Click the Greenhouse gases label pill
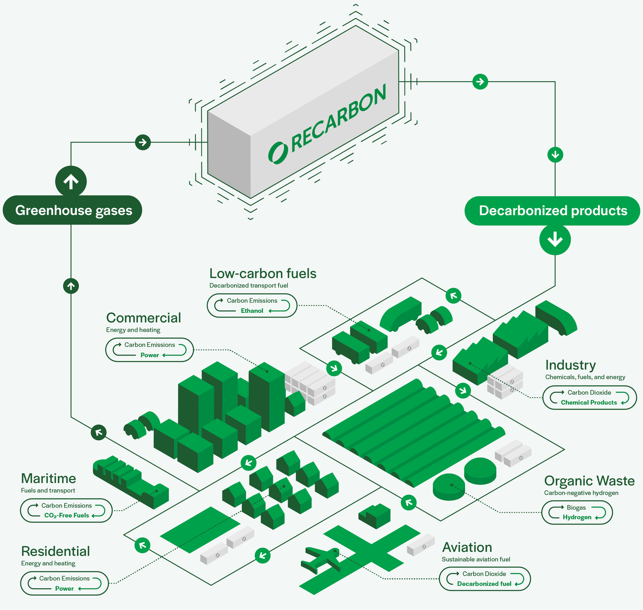click(72, 210)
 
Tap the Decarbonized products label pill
click(553, 210)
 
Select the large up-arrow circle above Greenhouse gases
click(71, 181)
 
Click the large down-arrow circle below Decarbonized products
click(555, 239)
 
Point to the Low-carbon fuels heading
click(263, 273)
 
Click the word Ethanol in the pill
click(252, 311)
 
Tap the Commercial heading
click(144, 318)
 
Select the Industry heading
click(571, 365)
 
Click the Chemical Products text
click(589, 403)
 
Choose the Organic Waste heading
click(589, 481)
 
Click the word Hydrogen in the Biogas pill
click(577, 517)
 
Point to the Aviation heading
click(467, 547)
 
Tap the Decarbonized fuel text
click(484, 584)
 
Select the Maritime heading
click(48, 478)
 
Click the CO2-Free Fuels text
click(66, 516)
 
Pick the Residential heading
click(55, 551)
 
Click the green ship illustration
click(129, 480)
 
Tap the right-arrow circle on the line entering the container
click(143, 142)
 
